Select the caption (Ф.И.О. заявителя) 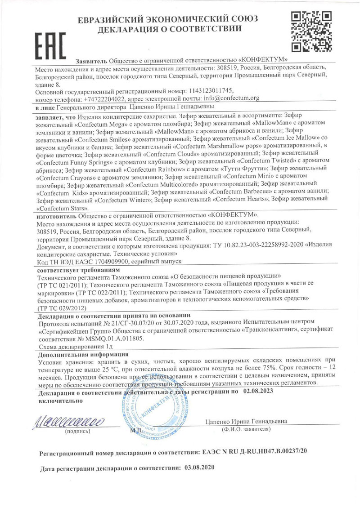point(245,430)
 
